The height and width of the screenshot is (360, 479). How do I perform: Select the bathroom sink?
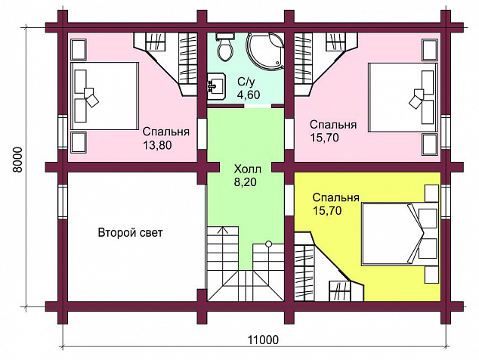click(x=216, y=86)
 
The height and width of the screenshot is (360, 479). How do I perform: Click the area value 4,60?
click(x=249, y=95)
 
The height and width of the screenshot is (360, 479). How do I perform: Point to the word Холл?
click(x=248, y=169)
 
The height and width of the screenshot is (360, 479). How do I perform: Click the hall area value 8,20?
click(x=245, y=182)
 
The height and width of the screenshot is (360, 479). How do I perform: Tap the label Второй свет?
click(x=131, y=233)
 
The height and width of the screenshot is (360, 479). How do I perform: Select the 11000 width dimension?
click(x=263, y=340)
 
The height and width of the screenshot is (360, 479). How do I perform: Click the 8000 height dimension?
click(x=17, y=160)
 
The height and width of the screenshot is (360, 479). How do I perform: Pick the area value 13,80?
click(x=157, y=145)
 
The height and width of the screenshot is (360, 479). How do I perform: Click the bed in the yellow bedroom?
click(x=400, y=234)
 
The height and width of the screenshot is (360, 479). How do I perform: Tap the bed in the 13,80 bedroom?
click(x=104, y=96)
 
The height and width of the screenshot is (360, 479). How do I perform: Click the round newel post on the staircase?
click(x=268, y=244)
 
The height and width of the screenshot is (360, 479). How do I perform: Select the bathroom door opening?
click(x=258, y=106)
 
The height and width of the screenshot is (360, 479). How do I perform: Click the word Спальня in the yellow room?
click(x=335, y=197)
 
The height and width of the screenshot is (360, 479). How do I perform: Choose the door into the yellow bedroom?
click(x=289, y=200)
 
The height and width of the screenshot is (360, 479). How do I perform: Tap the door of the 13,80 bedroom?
click(x=202, y=134)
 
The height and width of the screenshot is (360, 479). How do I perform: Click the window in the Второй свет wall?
click(x=63, y=202)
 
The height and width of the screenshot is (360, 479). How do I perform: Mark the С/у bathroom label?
click(x=246, y=82)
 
